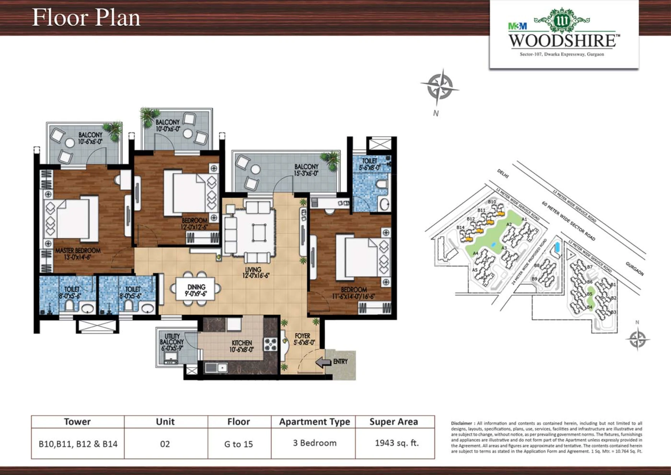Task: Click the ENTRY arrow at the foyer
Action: [x=323, y=362]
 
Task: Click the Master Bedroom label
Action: [x=78, y=253]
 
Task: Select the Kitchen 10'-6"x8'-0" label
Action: [x=242, y=346]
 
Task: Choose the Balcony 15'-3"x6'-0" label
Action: [x=306, y=170]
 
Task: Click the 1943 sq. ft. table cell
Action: [x=396, y=443]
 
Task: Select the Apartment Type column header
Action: [x=314, y=422]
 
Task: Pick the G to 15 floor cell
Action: [x=238, y=444]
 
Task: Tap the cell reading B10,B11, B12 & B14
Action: [x=78, y=444]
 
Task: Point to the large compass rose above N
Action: [x=440, y=87]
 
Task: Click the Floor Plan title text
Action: [x=86, y=18]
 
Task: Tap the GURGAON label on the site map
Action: [x=635, y=269]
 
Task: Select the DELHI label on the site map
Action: [x=503, y=174]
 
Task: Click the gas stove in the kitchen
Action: [x=270, y=344]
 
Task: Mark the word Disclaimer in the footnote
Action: [x=462, y=424]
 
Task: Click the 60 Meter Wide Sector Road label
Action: [x=568, y=221]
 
